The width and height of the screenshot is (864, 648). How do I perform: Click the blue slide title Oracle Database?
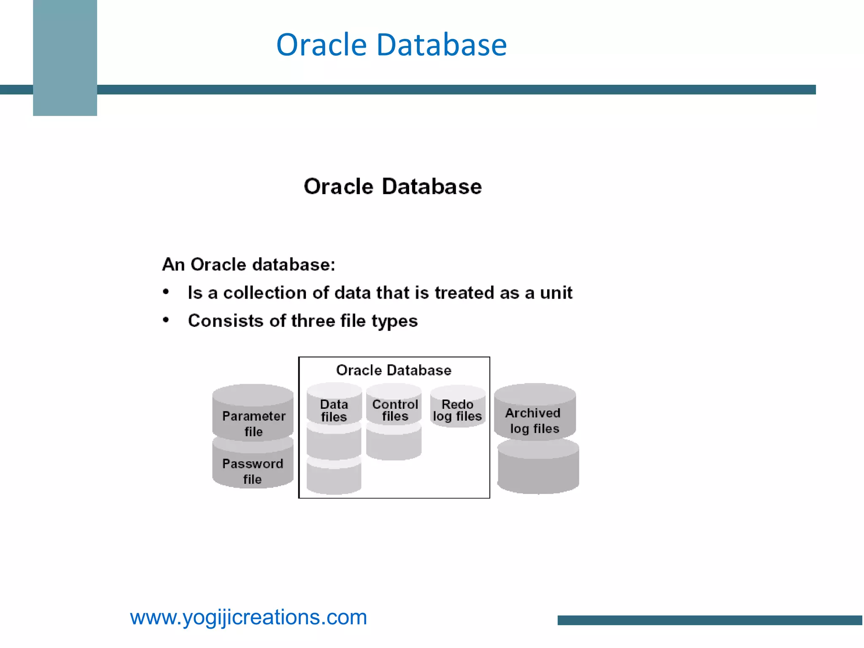[x=391, y=45]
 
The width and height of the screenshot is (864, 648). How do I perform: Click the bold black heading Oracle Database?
[x=392, y=186]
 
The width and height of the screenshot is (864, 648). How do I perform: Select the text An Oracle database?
[x=249, y=265]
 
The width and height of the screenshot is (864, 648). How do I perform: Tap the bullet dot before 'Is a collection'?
[x=166, y=292]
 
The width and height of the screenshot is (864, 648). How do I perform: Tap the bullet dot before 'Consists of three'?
[x=166, y=320]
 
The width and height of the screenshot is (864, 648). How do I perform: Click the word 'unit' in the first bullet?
[x=556, y=293]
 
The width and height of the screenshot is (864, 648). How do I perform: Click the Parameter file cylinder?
[x=253, y=416]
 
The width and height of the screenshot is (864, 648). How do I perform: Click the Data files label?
[x=334, y=410]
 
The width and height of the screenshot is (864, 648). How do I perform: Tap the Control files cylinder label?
[x=395, y=410]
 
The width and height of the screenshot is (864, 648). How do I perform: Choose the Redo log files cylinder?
[x=457, y=409]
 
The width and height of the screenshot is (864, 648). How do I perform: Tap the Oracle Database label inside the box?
[x=394, y=370]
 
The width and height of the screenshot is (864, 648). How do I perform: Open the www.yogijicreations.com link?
[x=248, y=617]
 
